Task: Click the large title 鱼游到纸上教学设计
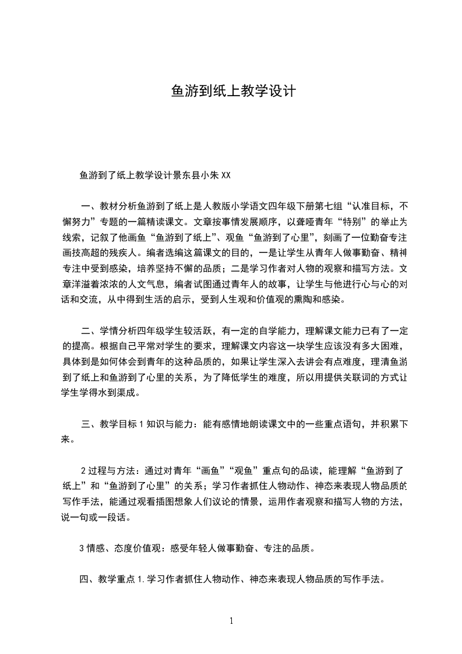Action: coord(233,92)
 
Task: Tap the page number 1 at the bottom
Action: coord(231,621)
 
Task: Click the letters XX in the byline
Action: coord(227,175)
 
